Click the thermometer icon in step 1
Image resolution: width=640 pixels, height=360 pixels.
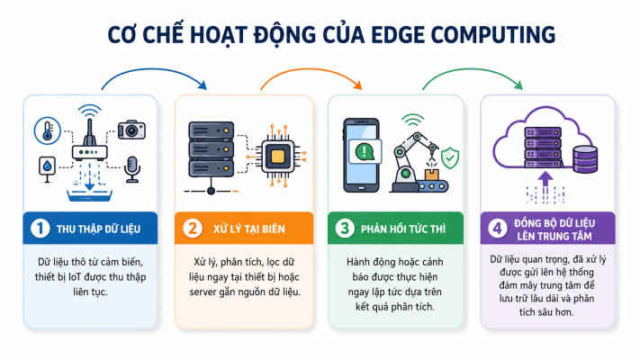click(x=48, y=131)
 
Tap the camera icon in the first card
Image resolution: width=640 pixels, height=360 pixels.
click(x=131, y=130)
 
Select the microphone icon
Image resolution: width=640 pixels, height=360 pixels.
click(x=131, y=169)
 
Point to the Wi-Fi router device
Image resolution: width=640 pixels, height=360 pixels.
click(x=89, y=139)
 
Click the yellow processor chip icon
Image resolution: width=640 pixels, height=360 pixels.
click(x=277, y=156)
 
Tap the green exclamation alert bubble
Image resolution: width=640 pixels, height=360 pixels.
click(x=365, y=151)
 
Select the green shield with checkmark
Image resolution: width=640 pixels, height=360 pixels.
click(x=450, y=157)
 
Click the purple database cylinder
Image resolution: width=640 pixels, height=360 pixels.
click(x=586, y=159)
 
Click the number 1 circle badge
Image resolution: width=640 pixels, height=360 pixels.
click(x=40, y=229)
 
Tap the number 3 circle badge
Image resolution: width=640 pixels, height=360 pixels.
click(x=345, y=229)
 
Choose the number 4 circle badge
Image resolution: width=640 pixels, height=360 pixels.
click(x=498, y=229)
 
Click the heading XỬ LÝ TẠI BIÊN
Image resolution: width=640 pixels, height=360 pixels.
click(x=249, y=229)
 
